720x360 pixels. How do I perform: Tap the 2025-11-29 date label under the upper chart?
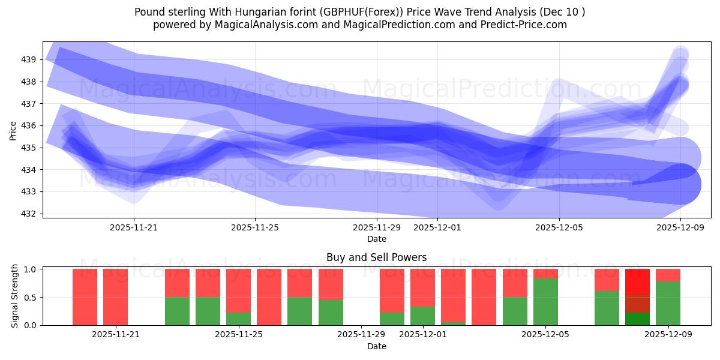[376, 227]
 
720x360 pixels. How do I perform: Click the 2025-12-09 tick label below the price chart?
[680, 227]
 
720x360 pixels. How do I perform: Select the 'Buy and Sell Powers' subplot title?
[376, 257]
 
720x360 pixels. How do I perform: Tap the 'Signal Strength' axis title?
[16, 297]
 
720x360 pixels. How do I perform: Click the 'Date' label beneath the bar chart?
[376, 346]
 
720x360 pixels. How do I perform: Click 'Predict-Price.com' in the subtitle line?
[523, 25]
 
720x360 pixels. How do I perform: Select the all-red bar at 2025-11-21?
[115, 297]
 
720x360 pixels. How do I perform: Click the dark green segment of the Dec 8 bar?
[637, 319]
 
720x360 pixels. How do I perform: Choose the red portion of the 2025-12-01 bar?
[422, 288]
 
